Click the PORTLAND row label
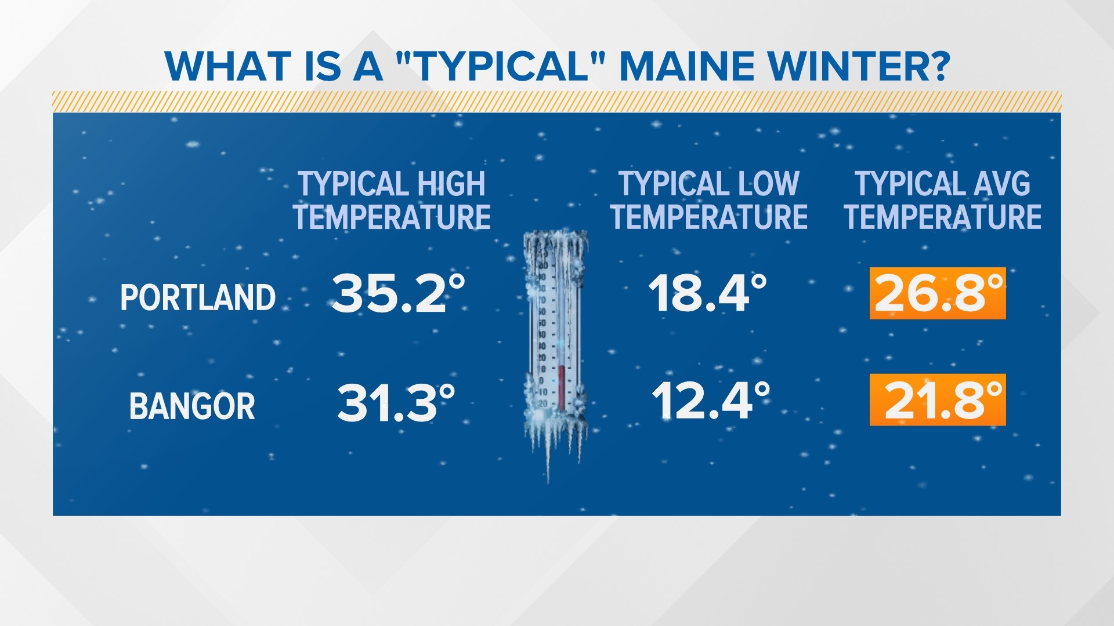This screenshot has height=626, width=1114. pos(198,298)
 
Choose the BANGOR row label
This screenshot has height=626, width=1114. pos(192,406)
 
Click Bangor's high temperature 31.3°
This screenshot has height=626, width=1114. pos(396,402)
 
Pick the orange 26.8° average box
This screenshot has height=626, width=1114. pos(938,293)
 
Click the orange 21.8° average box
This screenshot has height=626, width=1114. pos(938,400)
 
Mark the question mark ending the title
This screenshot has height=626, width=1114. pos(936,66)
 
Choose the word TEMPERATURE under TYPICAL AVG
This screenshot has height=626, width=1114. pos(942,217)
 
